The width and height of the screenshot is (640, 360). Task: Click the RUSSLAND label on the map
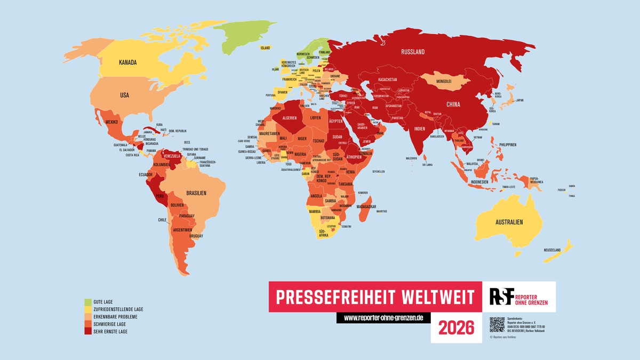coord(413,52)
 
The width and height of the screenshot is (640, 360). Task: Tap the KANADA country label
coord(128,62)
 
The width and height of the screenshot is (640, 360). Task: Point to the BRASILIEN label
coord(195,193)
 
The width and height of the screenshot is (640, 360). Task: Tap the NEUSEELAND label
coord(553,250)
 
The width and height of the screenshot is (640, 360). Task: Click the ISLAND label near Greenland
coord(265,48)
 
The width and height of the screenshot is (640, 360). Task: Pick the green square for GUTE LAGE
coord(86,302)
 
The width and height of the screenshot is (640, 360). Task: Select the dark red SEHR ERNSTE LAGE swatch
coord(86,332)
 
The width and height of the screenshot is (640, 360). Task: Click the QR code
coord(497,324)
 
